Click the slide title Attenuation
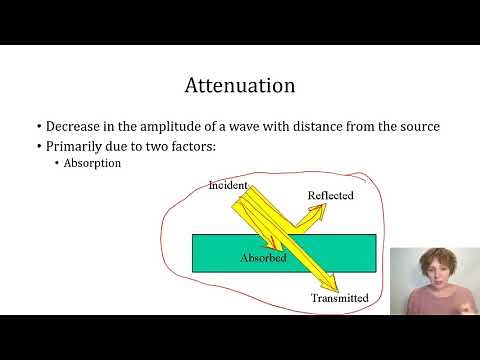tap(240, 85)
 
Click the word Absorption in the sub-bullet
tap(94, 163)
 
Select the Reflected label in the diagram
tap(331, 196)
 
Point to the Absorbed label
tap(263, 258)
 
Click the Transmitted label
tap(339, 298)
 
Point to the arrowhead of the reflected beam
tap(317, 212)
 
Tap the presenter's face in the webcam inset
tap(432, 279)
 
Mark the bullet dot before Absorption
tap(57, 163)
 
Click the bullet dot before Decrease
tap(39, 128)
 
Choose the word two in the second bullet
tap(164, 146)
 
